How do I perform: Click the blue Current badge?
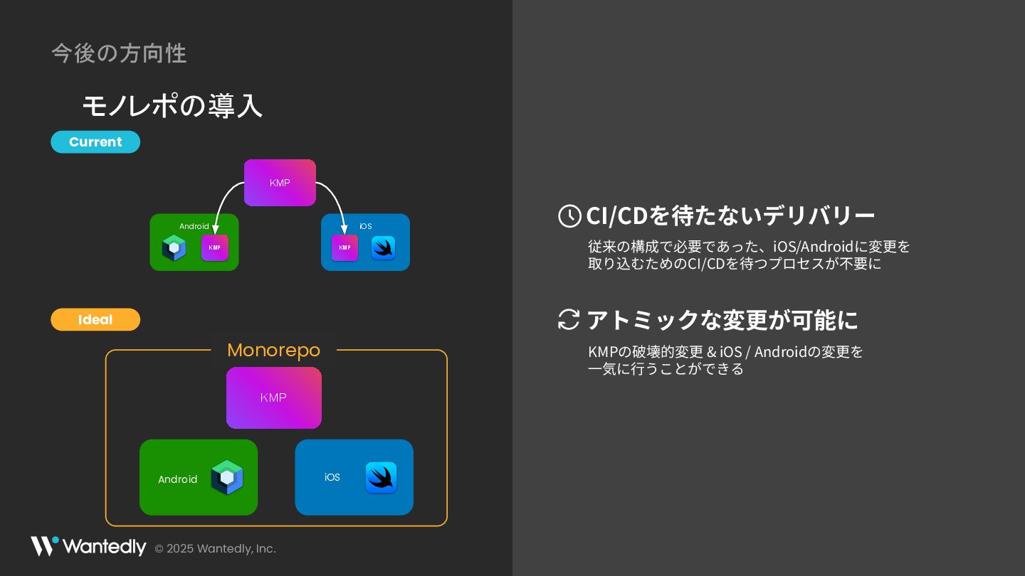click(95, 142)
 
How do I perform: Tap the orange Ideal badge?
click(95, 319)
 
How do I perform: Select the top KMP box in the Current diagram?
click(280, 183)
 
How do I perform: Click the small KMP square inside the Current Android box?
click(215, 247)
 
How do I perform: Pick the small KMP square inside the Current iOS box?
click(345, 247)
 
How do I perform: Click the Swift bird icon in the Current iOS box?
click(383, 247)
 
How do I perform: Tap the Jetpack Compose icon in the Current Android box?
click(174, 247)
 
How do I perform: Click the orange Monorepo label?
click(273, 350)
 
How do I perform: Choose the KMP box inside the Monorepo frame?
click(273, 398)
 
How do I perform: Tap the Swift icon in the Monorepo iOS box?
click(381, 477)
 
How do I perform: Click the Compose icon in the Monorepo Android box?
click(227, 477)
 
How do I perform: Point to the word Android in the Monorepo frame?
click(177, 479)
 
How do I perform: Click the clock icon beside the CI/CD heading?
click(569, 215)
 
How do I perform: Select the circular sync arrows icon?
click(569, 319)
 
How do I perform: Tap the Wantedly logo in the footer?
click(88, 547)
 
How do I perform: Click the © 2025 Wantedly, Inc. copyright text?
click(215, 549)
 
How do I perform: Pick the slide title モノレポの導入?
click(172, 106)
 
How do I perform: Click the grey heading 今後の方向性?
click(119, 53)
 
